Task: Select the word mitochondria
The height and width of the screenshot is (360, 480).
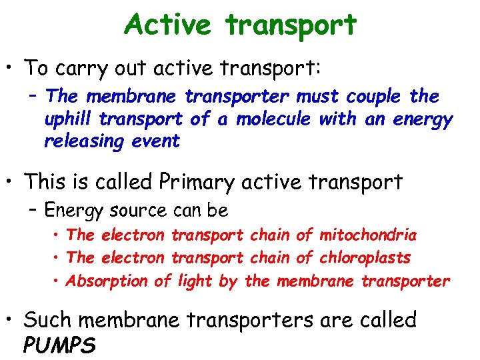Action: pyautogui.click(x=368, y=235)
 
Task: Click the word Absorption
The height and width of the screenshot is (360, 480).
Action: pyautogui.click(x=107, y=281)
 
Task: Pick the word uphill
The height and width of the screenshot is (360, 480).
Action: pyautogui.click(x=66, y=119)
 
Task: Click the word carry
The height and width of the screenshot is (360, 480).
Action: pyautogui.click(x=79, y=68)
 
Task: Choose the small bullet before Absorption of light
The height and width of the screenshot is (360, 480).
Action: pyautogui.click(x=58, y=281)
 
